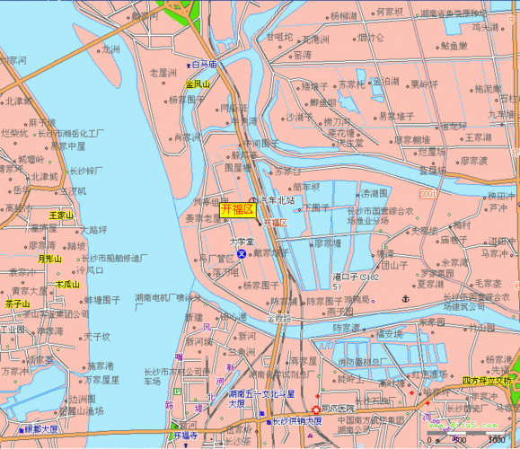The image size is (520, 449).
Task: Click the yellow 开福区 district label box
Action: tap(237, 210)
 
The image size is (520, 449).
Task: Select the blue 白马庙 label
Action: tap(205, 65)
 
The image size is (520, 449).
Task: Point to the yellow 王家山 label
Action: tap(61, 216)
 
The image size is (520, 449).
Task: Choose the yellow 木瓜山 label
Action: tap(67, 284)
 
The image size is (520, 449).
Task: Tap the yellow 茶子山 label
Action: tap(18, 304)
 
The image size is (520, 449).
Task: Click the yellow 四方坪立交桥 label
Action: tap(485, 380)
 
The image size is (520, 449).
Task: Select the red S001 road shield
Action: tap(427, 194)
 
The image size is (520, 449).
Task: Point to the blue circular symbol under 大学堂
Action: tap(242, 255)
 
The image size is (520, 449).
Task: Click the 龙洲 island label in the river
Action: tap(111, 50)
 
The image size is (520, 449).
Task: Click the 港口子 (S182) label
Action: tap(351, 280)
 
